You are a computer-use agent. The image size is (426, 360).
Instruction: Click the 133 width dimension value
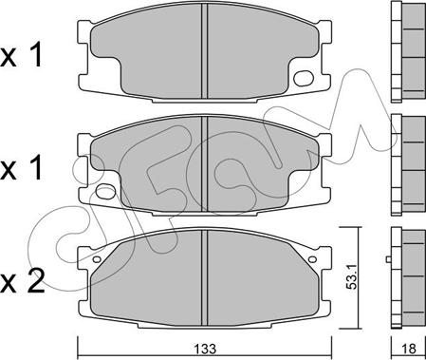click(x=205, y=349)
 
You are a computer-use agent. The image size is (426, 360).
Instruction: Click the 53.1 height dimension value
click(x=351, y=277)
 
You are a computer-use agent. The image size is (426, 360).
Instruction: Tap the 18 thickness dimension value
click(x=409, y=349)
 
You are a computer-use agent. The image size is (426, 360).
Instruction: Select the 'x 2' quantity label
click(x=22, y=281)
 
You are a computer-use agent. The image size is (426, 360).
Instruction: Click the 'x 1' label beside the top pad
click(x=22, y=56)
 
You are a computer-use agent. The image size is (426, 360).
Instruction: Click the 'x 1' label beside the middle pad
click(x=22, y=168)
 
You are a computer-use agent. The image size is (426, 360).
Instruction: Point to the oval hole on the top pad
click(x=304, y=78)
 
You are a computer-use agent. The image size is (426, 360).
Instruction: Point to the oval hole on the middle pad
click(x=106, y=191)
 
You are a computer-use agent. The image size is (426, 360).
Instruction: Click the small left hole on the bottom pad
click(x=97, y=259)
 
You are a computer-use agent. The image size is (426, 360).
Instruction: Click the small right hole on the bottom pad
click(x=312, y=259)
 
